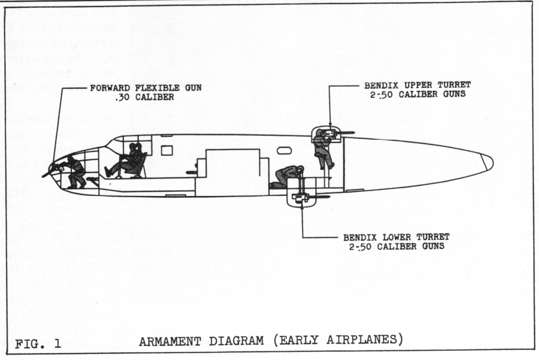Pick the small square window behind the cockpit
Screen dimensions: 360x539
tap(166, 150)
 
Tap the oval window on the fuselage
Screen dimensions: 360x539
tap(284, 150)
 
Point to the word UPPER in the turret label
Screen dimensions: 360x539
tap(403, 85)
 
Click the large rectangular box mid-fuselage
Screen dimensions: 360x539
tap(232, 172)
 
